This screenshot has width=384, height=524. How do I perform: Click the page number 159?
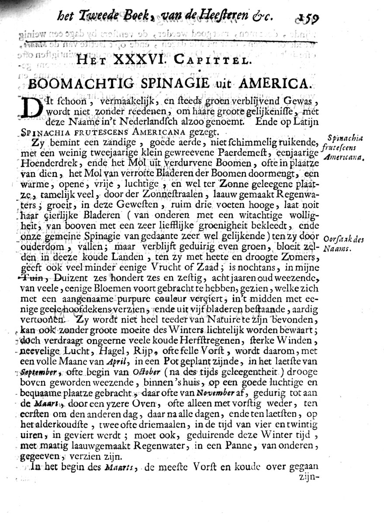click(308, 19)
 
